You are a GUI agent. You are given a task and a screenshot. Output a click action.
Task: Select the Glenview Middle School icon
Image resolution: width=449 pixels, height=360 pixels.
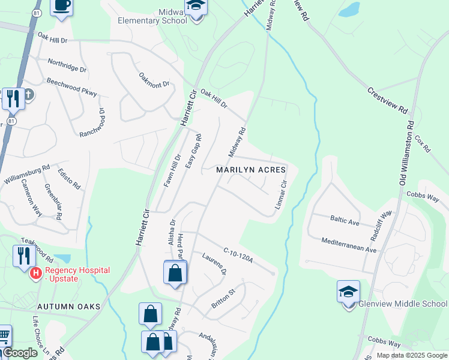(348, 292)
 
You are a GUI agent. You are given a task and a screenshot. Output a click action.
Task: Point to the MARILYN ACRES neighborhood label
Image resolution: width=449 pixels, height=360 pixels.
(251, 170)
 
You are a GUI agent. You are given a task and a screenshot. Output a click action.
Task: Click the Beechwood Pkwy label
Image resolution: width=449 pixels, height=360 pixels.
(71, 88)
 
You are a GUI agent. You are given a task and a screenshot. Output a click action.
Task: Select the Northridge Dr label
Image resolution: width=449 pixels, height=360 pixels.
(67, 65)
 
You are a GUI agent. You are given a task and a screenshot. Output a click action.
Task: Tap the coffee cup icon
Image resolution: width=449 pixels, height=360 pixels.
(62, 6)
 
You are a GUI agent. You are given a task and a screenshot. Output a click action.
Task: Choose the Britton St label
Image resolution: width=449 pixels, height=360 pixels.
(223, 299)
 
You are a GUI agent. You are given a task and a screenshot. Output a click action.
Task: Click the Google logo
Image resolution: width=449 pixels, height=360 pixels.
(20, 353)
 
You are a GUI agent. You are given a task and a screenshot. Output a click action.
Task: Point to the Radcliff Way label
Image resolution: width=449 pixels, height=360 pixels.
(381, 220)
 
